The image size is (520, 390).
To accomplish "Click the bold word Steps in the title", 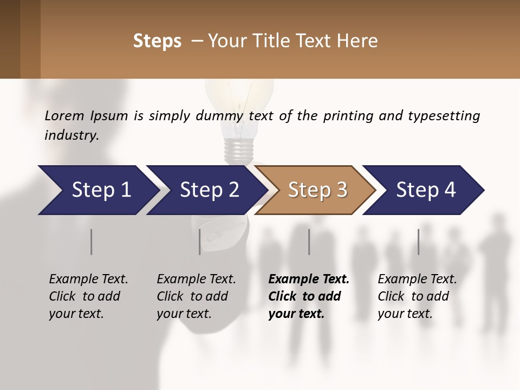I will coord(157,41).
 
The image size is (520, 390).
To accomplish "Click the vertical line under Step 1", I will coord(92,242).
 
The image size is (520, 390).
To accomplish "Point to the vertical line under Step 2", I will coord(200,242).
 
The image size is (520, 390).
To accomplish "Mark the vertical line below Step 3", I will coord(309,242).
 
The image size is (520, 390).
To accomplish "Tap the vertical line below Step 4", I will coord(419,242).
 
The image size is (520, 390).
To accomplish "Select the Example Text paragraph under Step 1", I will coord(88,296).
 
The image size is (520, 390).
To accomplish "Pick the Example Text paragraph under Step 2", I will coord(196,296).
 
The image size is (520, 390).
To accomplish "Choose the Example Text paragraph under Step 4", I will coord(417,296).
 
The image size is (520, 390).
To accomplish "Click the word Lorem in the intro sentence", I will coord(64,115).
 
